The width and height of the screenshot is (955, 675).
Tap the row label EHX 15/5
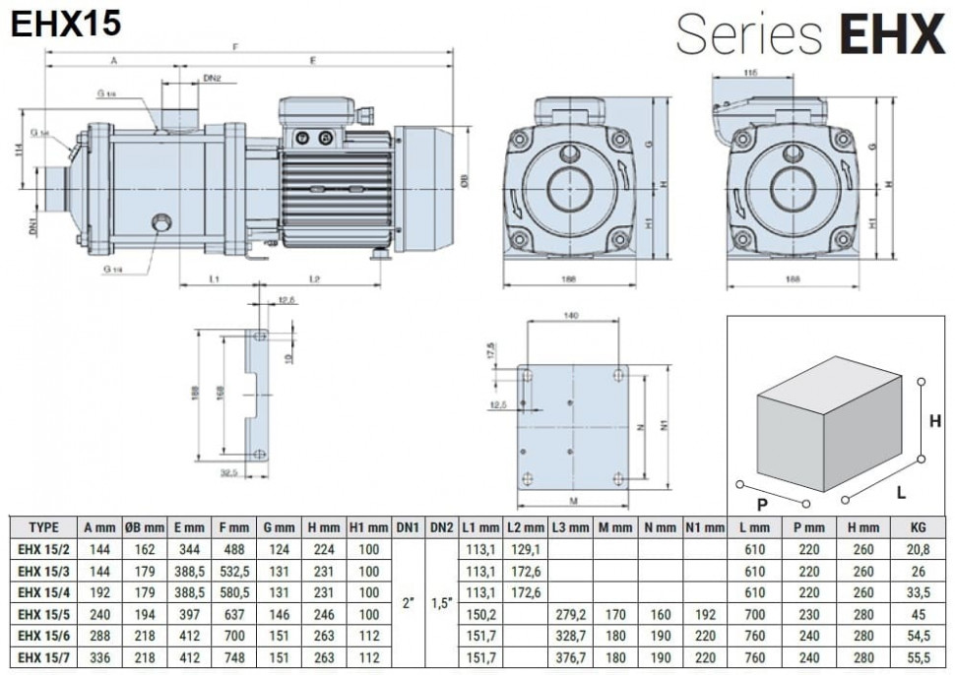(x=44, y=613)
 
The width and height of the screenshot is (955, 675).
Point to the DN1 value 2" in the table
(x=408, y=602)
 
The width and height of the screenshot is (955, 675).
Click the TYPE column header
(x=44, y=527)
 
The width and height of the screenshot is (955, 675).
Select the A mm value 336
(x=98, y=656)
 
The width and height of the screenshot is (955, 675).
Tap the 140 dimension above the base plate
(x=571, y=316)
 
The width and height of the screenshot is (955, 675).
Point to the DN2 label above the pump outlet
(x=212, y=78)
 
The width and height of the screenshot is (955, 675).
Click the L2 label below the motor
(x=314, y=279)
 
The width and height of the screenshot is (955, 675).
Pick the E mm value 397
(x=188, y=613)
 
